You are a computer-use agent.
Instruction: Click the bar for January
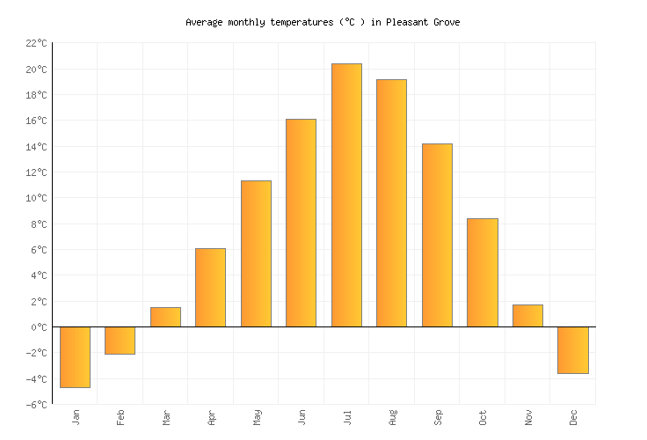point(75,356)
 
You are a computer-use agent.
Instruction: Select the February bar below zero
point(120,341)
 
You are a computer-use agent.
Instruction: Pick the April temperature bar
point(210,288)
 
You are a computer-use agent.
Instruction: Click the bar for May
point(256,253)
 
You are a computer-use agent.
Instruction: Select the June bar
point(301,223)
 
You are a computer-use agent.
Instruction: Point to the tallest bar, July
point(346,195)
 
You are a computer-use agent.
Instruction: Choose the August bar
point(391,203)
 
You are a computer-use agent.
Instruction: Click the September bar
point(437,235)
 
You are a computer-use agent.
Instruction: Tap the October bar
point(482,273)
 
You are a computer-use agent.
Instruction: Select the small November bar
point(527,316)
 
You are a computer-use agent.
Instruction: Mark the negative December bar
point(572,350)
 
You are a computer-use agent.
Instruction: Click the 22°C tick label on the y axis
point(36,43)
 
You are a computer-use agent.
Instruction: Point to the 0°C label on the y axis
point(39,327)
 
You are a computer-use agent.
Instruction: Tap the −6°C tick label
point(36,405)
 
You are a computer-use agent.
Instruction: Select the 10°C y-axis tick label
point(36,198)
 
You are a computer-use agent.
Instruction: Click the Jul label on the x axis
point(347,416)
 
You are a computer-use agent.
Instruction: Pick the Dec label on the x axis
point(573,417)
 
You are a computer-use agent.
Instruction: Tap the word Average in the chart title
point(206,22)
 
